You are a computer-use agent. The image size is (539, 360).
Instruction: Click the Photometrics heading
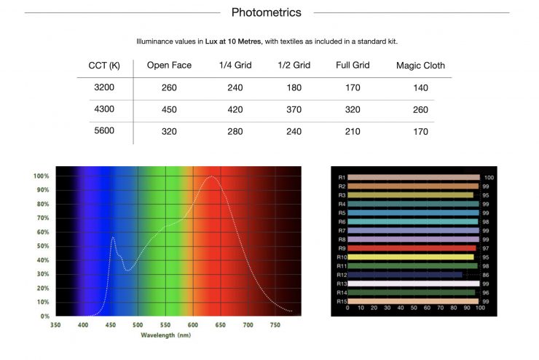(266, 12)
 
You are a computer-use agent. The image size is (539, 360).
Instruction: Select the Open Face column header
(169, 65)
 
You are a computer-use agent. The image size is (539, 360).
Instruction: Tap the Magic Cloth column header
(420, 65)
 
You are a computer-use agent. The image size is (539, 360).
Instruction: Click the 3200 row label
(104, 87)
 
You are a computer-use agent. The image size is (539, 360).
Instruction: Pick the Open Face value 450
(169, 110)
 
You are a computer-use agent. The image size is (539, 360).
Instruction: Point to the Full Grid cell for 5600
(353, 132)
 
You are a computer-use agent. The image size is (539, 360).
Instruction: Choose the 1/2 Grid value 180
(294, 87)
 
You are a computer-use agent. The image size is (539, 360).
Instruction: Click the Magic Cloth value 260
(420, 110)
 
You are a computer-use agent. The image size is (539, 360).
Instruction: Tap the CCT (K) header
(104, 65)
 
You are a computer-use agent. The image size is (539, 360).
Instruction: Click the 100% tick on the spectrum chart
(41, 176)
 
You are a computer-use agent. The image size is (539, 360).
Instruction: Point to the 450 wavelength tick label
(111, 325)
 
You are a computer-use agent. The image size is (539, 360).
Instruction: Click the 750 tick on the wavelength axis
(275, 325)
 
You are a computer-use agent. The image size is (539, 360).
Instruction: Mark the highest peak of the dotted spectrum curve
(212, 177)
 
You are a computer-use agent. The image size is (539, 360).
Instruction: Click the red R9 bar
(412, 248)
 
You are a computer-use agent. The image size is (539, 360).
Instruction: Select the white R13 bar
(414, 283)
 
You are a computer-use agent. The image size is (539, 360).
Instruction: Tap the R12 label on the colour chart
(342, 275)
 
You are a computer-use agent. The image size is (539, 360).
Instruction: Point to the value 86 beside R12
(485, 275)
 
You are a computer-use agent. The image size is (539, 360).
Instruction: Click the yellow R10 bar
(412, 257)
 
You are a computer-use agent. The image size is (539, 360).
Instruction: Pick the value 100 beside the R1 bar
(489, 177)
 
